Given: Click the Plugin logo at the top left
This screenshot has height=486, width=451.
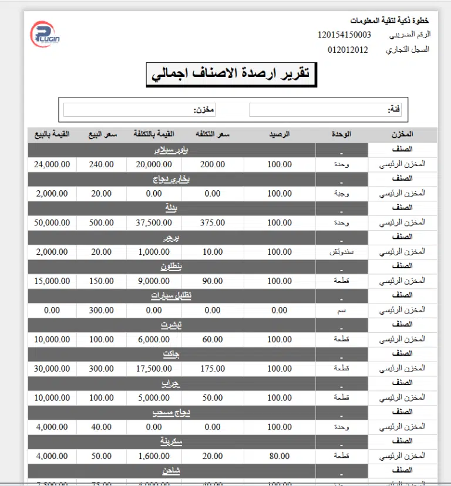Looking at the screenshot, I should (46, 34).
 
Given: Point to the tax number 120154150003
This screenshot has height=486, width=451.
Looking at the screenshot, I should (344, 35).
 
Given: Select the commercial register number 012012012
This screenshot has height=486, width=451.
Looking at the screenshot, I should (348, 49).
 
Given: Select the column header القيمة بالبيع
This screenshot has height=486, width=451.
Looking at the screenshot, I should (52, 135).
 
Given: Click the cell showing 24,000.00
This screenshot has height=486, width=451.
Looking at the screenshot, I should (52, 164).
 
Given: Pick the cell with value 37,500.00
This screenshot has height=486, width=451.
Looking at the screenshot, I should (154, 222).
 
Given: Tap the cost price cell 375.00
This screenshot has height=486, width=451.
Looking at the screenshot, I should (212, 222).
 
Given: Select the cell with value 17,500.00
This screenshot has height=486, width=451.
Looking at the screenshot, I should (154, 369).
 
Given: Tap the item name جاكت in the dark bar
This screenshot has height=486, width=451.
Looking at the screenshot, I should (171, 354).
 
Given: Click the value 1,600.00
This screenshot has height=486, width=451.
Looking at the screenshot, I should (154, 455).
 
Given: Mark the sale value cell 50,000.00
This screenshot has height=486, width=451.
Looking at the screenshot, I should (52, 222).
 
